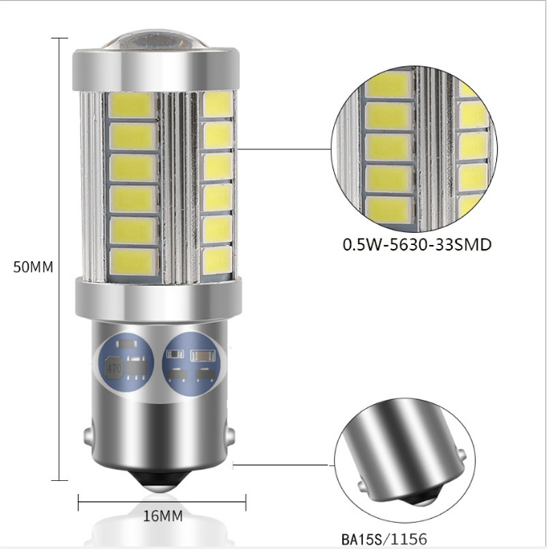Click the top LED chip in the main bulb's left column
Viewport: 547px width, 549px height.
coord(131,105)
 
